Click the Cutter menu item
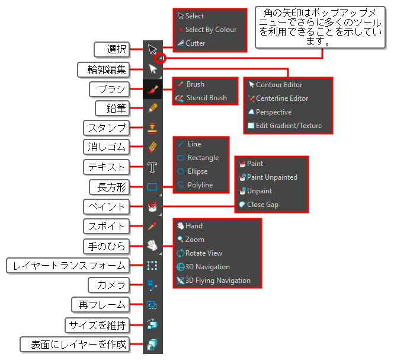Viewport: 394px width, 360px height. [191, 43]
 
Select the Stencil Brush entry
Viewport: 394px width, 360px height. [201, 98]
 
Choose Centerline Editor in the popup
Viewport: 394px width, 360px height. [278, 98]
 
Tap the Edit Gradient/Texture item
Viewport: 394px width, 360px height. [285, 126]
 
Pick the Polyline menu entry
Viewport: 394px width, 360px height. [196, 185]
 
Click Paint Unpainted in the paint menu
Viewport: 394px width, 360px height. [268, 177]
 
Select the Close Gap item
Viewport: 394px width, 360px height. [258, 205]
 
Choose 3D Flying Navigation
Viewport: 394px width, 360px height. [214, 281]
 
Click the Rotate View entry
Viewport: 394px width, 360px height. [200, 253]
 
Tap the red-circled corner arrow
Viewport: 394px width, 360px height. [160, 58]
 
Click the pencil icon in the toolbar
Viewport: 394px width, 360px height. [152, 108]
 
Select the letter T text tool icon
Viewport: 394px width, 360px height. [152, 167]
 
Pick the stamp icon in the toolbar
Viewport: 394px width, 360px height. [152, 128]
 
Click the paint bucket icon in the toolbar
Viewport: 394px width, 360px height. [152, 206]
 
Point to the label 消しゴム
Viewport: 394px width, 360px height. [106, 147]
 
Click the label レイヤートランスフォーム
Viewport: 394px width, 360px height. [68, 266]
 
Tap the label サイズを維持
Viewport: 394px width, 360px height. [97, 325]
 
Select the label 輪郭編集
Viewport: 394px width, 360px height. [104, 69]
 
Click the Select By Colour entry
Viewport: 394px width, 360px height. [207, 30]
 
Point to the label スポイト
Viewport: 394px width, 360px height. [106, 227]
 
